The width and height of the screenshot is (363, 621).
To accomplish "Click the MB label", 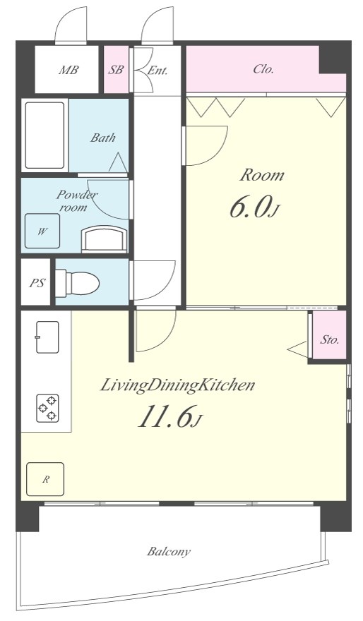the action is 69,71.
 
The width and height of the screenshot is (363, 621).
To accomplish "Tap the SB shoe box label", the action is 116,70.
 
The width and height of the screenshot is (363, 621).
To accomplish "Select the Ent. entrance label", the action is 157,71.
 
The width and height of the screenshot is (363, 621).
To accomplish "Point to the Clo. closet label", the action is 263,69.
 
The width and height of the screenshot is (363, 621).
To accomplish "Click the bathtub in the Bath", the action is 44,135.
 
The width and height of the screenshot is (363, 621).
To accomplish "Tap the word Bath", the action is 103,138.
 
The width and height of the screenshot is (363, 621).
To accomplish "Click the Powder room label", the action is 76,200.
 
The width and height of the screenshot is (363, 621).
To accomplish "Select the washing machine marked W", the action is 42,231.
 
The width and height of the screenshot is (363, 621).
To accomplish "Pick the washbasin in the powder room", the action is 105,239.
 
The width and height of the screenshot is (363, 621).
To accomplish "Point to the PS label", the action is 37,284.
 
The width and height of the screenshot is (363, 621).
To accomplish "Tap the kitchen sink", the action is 47,337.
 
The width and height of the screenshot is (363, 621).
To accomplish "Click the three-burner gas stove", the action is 48,409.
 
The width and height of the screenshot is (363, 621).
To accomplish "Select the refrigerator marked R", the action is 45,479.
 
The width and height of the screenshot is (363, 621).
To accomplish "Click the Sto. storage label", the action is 330,340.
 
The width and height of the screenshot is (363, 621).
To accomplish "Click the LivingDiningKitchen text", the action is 177,385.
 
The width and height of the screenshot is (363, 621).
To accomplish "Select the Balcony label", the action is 169,552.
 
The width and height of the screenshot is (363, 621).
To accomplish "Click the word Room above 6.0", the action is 262,176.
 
